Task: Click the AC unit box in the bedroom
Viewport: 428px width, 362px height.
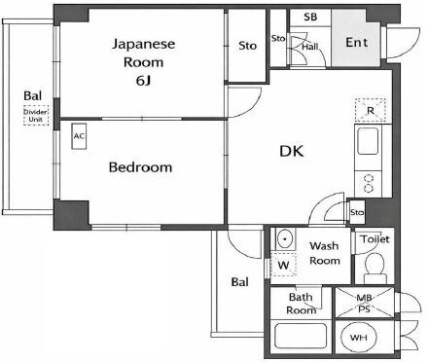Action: pos(79,136)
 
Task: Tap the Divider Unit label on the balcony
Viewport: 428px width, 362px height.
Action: pos(36,116)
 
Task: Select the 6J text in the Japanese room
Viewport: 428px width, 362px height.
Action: pos(143,81)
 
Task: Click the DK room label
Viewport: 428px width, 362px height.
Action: pos(292,151)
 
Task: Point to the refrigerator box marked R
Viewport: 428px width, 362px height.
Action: pos(371,110)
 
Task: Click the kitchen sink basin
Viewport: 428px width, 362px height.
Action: pos(368,141)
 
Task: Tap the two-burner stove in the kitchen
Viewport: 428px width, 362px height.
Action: pos(369,183)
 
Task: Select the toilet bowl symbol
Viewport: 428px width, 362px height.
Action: pos(374,268)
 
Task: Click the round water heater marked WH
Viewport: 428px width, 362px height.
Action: pos(359,338)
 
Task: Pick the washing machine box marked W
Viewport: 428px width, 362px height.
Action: pos(283,265)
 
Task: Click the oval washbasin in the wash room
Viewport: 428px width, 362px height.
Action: pos(285,239)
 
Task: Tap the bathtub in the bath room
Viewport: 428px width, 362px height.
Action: pos(301,337)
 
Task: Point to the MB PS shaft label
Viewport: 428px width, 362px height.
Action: pos(364,303)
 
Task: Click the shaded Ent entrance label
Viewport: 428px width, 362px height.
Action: pos(356,42)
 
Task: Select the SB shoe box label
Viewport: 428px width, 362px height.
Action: pos(310,17)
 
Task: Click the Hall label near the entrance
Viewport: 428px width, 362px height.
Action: pos(310,47)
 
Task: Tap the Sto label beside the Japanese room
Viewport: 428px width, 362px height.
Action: pos(247,46)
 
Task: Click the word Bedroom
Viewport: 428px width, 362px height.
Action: pos(140,167)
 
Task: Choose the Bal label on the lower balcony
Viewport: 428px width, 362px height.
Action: pos(240,282)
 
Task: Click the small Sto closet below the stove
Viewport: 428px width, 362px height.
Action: pos(357,212)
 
